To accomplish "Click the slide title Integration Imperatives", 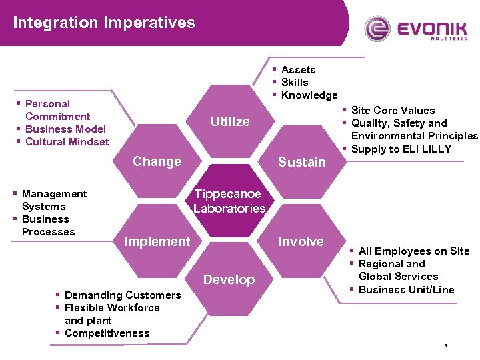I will [104, 23].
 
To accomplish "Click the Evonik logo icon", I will [378, 29].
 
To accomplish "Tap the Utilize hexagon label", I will [230, 121].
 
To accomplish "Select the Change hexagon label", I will [157, 161].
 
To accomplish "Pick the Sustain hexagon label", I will [301, 162].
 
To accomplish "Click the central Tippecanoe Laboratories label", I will [229, 201].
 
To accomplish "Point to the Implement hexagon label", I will [157, 241].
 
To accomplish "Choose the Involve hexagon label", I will [301, 241].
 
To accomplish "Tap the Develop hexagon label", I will [229, 279].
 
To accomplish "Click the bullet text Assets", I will [298, 70].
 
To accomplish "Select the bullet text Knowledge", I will [309, 95].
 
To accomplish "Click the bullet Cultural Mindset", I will [67, 142].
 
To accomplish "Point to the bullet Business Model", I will [65, 129].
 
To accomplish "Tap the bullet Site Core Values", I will [393, 111].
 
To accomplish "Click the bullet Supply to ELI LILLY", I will [401, 149].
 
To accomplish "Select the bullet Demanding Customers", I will [123, 295].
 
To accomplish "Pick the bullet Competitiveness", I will [107, 333].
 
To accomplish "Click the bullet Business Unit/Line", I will [406, 289].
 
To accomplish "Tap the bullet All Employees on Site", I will [413, 251].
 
